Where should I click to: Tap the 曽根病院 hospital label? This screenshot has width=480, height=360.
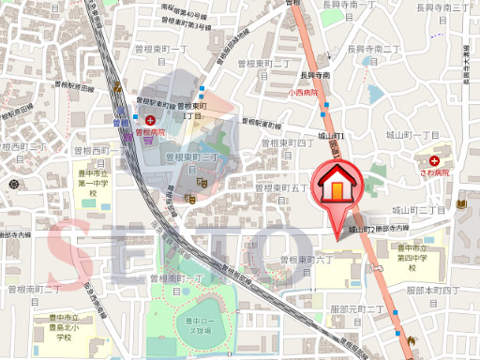150,133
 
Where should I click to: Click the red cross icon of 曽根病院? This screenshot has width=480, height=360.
150,120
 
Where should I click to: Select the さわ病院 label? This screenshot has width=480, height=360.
434,172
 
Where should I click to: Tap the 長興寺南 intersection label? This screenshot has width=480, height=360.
315,76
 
